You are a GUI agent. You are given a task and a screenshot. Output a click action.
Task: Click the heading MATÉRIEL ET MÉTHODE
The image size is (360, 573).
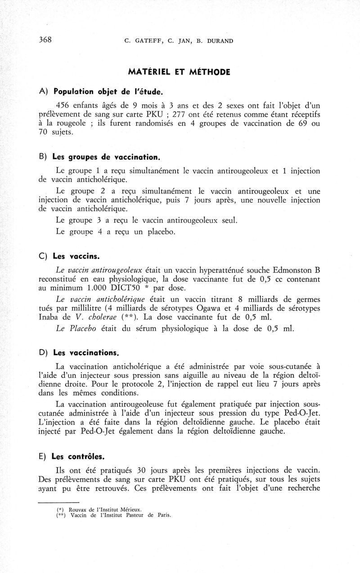pos(179,72)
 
